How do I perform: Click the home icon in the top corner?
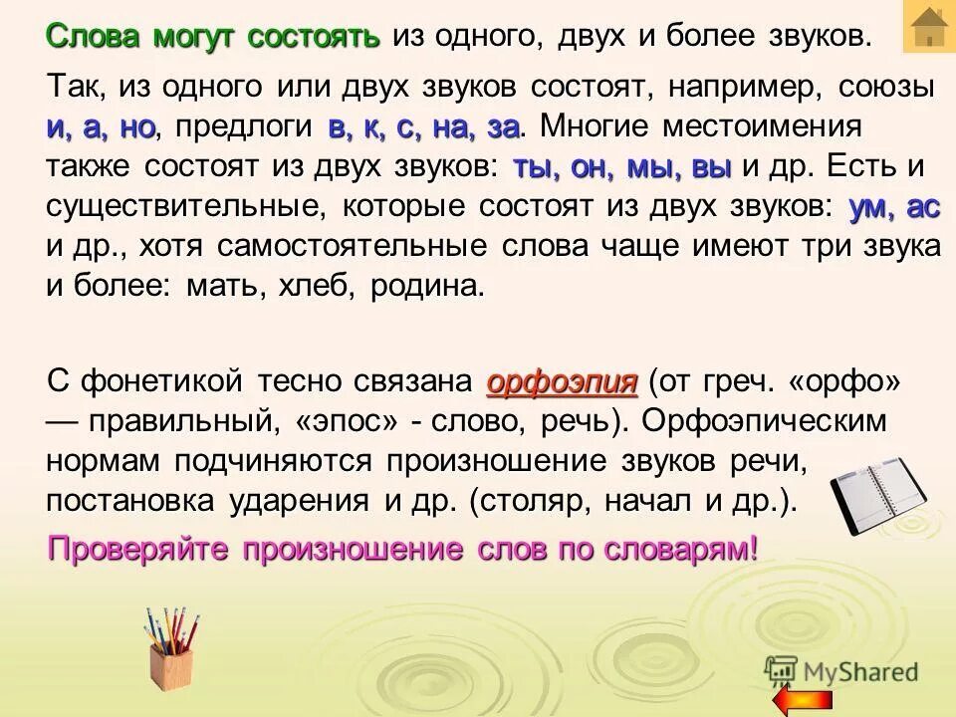pyautogui.click(x=928, y=27)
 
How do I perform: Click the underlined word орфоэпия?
pyautogui.click(x=562, y=382)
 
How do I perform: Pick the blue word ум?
pyautogui.click(x=869, y=207)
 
